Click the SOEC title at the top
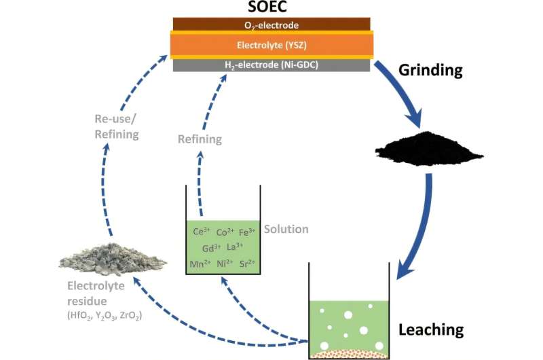click(x=271, y=9)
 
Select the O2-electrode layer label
click(x=271, y=25)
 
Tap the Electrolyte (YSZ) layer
click(x=271, y=45)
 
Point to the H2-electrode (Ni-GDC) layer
click(x=271, y=65)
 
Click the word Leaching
click(x=431, y=330)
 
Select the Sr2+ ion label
click(x=250, y=263)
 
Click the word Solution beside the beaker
click(x=286, y=229)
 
